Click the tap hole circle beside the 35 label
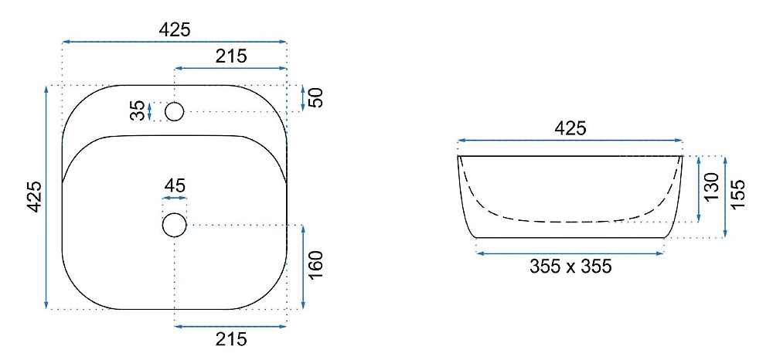point(175,112)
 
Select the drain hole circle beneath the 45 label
point(175,225)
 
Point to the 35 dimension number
point(139,110)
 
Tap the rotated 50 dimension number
point(315,97)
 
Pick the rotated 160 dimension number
point(315,264)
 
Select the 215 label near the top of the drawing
point(231,56)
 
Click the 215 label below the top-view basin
point(231,339)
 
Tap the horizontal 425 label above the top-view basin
point(175,30)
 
